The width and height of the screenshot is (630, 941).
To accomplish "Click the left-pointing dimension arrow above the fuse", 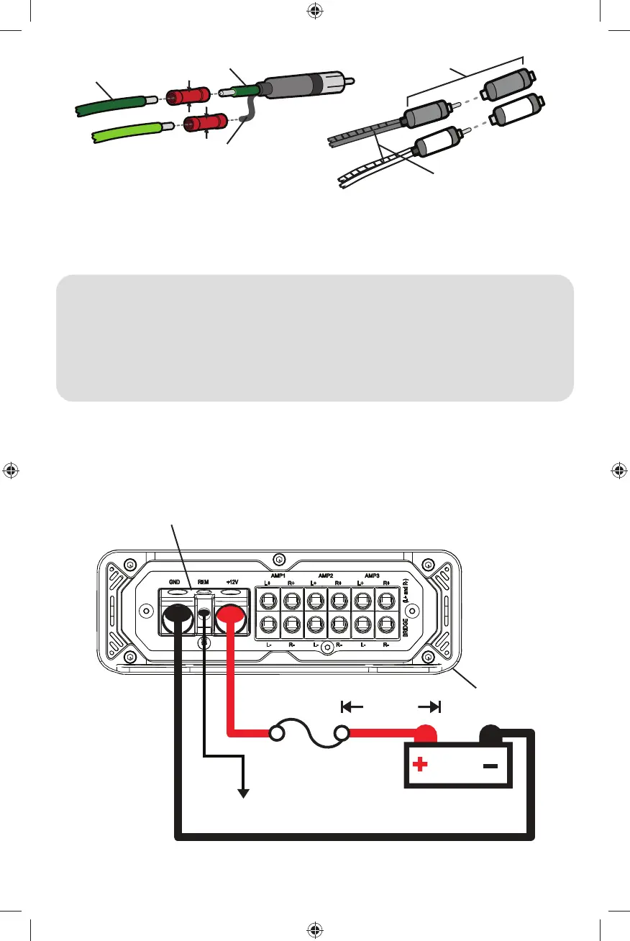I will [x=352, y=706].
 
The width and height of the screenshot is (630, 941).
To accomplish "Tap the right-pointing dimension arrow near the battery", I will [x=429, y=706].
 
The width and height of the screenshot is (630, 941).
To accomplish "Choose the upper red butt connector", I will [x=188, y=96].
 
